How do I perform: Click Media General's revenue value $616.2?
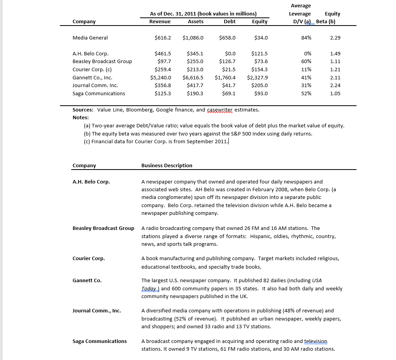point(163,38)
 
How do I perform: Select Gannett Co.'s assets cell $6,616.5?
point(193,77)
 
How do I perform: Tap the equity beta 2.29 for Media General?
point(335,38)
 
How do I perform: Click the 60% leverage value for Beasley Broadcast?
point(306,62)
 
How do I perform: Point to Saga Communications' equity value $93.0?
point(261,93)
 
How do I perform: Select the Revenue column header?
point(160,22)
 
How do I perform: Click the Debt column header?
point(230,22)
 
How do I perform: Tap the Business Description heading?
point(167,165)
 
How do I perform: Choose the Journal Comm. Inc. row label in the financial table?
point(95,85)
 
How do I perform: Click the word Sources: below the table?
point(84,110)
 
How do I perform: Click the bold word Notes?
point(81,117)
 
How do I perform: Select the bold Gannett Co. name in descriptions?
point(87,280)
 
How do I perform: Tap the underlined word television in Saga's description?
point(315,341)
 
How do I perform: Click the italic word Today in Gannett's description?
point(149,288)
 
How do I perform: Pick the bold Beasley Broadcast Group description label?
point(103,228)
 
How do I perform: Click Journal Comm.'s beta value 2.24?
point(335,85)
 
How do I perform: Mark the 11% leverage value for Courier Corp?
point(306,69)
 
